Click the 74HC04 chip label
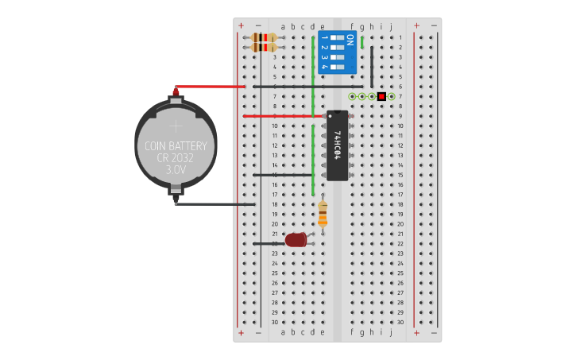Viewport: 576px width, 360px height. [x=338, y=145]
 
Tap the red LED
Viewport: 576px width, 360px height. [x=296, y=239]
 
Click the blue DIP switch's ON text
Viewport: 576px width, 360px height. [x=350, y=41]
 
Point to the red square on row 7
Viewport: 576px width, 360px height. [x=381, y=96]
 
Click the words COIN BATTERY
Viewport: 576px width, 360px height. [x=176, y=146]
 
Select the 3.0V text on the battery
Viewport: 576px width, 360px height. [x=176, y=170]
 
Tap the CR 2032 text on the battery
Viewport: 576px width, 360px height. [x=176, y=158]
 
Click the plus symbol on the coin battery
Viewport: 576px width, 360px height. [x=176, y=126]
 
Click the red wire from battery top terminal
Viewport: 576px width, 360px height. [x=211, y=87]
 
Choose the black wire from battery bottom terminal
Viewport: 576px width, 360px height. [x=215, y=204]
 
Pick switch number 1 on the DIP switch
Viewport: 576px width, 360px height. [x=337, y=37]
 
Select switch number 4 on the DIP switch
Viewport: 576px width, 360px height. [x=337, y=67]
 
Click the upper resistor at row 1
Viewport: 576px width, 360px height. [x=264, y=37]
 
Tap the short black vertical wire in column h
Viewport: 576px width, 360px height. [x=372, y=67]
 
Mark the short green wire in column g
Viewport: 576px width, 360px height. [x=362, y=42]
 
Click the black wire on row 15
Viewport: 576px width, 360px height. [x=282, y=175]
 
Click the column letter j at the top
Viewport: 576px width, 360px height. [x=391, y=26]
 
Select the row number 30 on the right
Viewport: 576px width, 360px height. [x=400, y=322]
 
